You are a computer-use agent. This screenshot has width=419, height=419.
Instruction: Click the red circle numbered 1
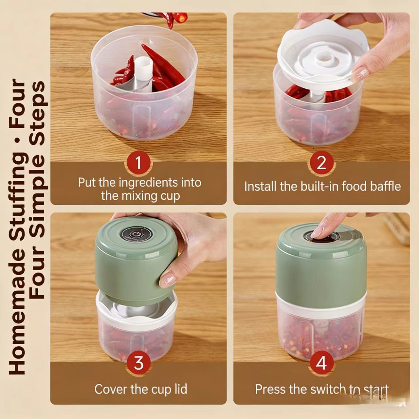138,163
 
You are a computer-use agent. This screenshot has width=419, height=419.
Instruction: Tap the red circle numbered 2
321,163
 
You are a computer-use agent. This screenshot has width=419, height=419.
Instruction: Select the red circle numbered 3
138,363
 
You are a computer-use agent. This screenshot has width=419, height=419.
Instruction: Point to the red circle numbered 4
321,363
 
